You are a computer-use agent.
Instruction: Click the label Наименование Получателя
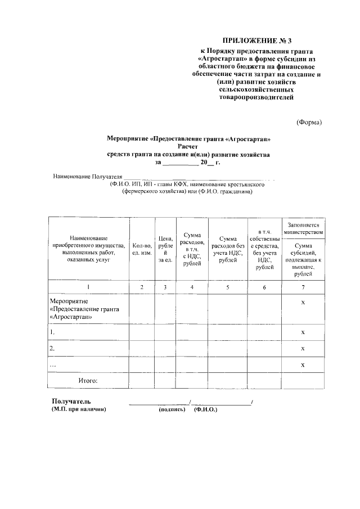(87, 177)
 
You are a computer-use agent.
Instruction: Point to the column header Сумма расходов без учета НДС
(228, 249)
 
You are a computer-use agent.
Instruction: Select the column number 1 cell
(89, 287)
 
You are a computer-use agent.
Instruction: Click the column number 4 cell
(192, 287)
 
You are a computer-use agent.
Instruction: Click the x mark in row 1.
(303, 332)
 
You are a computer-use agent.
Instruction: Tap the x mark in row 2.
(303, 349)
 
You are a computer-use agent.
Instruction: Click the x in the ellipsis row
(303, 365)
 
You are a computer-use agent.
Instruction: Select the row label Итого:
(88, 381)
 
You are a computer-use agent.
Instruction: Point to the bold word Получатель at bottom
(71, 401)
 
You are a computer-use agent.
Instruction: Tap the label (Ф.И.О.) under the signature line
(205, 409)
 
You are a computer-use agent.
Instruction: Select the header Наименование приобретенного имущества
(89, 249)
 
